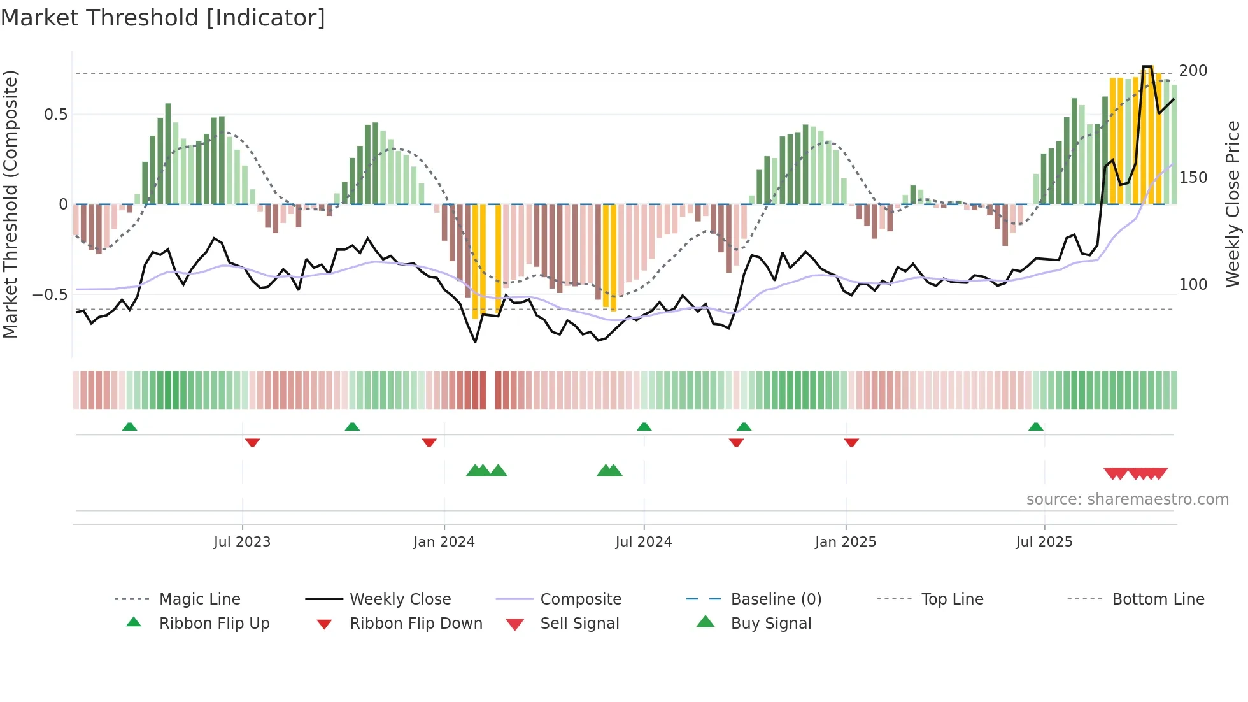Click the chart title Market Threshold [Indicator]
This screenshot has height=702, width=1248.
click(163, 18)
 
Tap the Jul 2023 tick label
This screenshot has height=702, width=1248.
click(242, 542)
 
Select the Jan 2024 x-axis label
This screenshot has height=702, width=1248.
click(444, 542)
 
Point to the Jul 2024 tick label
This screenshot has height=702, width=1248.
click(644, 542)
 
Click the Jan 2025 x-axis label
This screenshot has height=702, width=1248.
click(846, 542)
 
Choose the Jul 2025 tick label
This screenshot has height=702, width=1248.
click(1044, 542)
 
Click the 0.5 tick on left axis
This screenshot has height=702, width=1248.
click(55, 115)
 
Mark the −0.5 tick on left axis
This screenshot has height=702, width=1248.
click(50, 295)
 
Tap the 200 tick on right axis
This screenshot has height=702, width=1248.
click(1193, 71)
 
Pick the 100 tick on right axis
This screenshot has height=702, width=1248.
click(1193, 285)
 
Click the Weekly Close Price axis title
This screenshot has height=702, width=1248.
click(1233, 204)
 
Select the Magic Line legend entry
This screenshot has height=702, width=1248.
click(199, 599)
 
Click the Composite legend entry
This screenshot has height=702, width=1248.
click(581, 599)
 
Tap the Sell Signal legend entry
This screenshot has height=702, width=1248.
click(579, 624)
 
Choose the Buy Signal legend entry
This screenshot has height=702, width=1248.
click(770, 624)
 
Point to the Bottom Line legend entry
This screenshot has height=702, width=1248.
click(1158, 599)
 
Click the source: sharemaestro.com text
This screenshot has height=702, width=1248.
click(1127, 499)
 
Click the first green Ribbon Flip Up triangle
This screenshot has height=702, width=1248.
click(129, 427)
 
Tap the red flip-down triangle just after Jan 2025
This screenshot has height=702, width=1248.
click(851, 442)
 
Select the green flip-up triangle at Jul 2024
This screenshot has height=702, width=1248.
click(644, 427)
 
